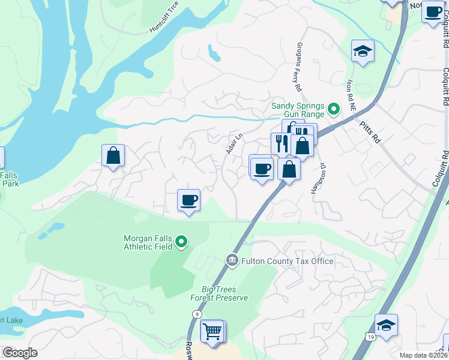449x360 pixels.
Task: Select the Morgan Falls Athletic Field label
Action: click(148, 242)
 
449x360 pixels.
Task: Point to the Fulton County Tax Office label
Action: click(287, 261)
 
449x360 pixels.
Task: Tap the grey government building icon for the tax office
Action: click(232, 260)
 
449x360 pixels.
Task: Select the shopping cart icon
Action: click(212, 331)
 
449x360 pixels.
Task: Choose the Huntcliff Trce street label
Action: click(163, 23)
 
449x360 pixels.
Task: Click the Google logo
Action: click(20, 353)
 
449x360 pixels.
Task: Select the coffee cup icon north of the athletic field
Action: click(189, 200)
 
